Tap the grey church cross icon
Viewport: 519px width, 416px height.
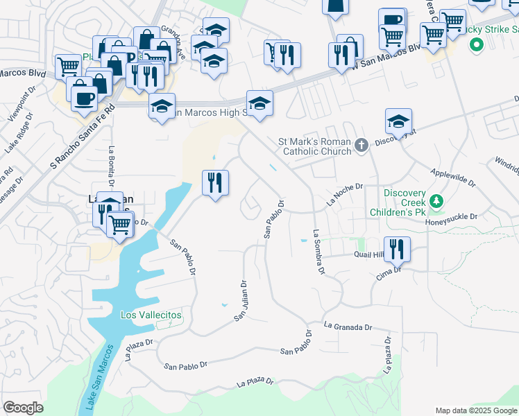coord(360,146)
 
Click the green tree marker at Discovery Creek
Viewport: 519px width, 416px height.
coord(436,202)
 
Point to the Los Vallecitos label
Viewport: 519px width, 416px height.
coord(151,315)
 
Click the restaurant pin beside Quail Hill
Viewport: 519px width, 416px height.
coord(397,249)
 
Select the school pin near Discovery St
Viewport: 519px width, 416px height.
coord(399,121)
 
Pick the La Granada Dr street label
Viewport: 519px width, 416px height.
coord(348,327)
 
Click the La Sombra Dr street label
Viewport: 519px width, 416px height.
coord(318,252)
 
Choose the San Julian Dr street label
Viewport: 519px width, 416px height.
coord(240,300)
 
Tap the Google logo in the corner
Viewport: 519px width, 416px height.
coord(23,408)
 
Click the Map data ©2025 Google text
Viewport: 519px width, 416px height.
coord(476,410)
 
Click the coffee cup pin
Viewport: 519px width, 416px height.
coord(83,98)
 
